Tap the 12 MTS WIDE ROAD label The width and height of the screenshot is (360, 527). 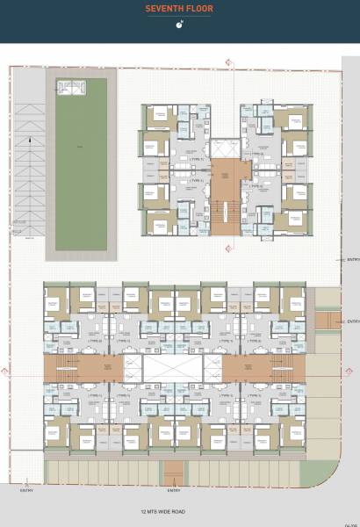[x=159, y=510]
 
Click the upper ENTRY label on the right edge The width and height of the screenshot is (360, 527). [x=353, y=260]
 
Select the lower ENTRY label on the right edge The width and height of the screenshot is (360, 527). [x=353, y=322]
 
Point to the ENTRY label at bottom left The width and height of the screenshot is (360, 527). [x=26, y=491]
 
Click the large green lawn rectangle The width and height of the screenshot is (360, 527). [x=81, y=167]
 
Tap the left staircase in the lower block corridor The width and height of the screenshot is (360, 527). [x=70, y=367]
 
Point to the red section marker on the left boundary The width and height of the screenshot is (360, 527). [x=7, y=372]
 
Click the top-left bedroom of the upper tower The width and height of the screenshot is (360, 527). [x=160, y=114]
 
